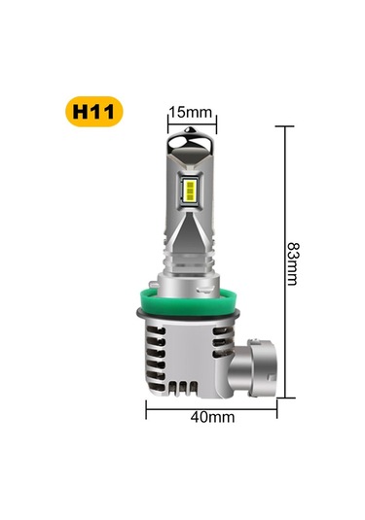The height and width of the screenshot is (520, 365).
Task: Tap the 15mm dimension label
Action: (189, 112)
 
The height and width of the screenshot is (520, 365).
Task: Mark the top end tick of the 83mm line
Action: (285, 124)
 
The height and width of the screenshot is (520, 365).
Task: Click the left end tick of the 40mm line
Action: (147, 409)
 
